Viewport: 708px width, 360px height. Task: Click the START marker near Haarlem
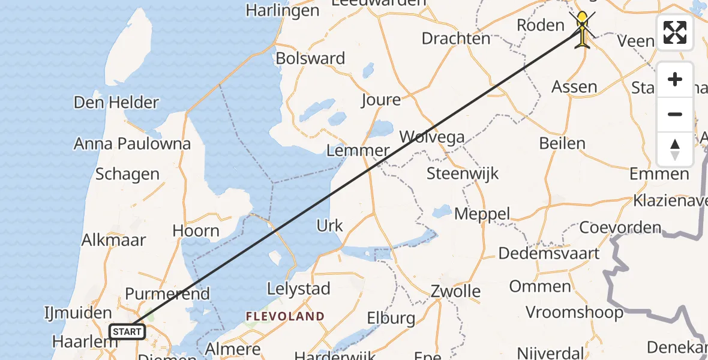pos(127,331)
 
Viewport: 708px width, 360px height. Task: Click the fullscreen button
pos(675,32)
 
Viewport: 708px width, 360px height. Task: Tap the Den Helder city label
pos(116,102)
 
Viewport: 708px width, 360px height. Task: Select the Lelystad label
pos(299,289)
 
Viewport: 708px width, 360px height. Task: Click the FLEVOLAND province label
pos(285,316)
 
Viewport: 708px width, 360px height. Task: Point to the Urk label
pos(329,226)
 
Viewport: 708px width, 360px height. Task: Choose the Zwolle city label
pos(456,292)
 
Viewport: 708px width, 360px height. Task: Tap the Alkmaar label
pos(114,240)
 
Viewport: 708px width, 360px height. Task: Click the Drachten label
pos(456,38)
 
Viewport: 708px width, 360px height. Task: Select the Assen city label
pos(574,86)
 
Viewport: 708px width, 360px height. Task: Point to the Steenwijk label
pos(463,174)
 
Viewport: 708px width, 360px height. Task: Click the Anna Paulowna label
pos(132,144)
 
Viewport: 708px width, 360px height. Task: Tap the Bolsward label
pos(310,58)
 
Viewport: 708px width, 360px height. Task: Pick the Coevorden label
pos(620,228)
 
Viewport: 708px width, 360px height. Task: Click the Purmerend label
pos(167,294)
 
